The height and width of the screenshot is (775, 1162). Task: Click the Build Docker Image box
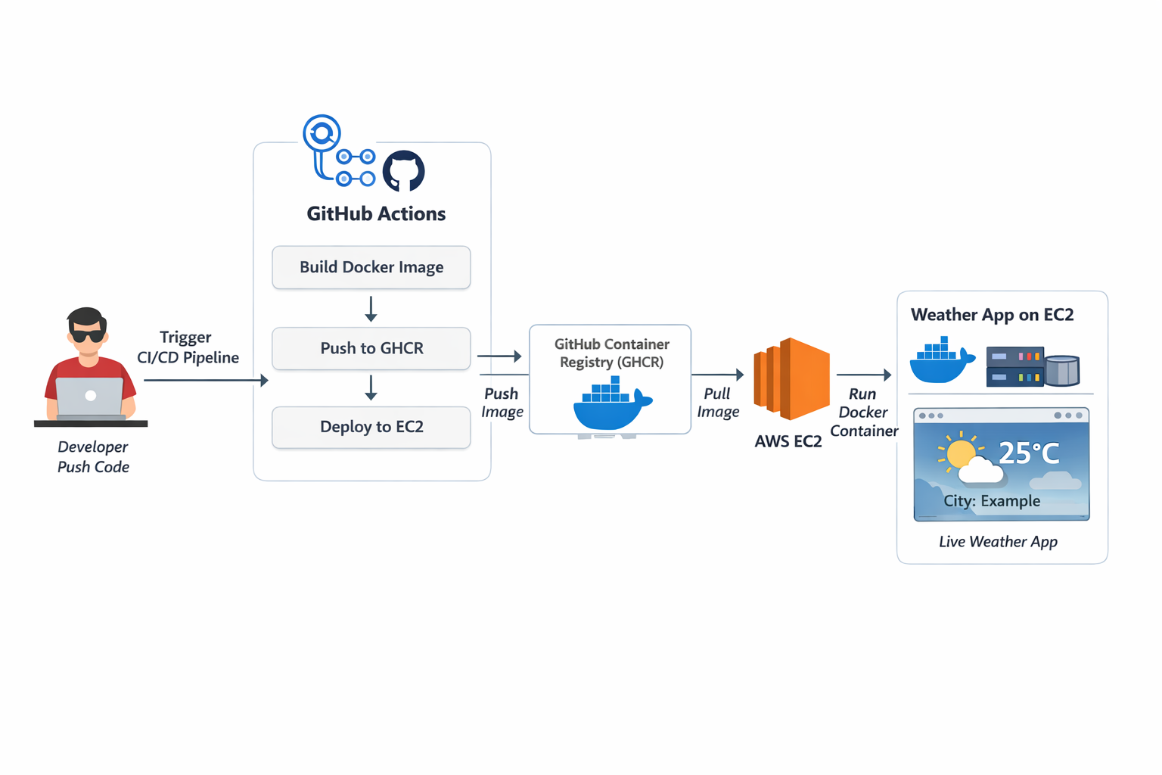pyautogui.click(x=371, y=267)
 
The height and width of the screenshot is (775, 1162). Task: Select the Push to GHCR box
pyautogui.click(x=371, y=348)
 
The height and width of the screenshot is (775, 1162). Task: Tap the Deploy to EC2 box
pyautogui.click(x=371, y=427)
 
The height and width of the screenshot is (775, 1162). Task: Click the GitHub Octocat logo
pyautogui.click(x=403, y=171)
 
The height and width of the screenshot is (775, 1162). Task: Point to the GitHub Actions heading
pyautogui.click(x=376, y=214)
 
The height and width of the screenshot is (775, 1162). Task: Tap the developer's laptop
pyautogui.click(x=89, y=397)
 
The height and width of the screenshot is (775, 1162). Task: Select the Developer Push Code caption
pyautogui.click(x=93, y=457)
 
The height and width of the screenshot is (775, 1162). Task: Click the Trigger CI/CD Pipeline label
pyautogui.click(x=188, y=347)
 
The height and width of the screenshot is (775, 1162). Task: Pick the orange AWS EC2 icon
pyautogui.click(x=791, y=378)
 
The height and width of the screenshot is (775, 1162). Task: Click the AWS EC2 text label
pyautogui.click(x=788, y=442)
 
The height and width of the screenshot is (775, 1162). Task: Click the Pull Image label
pyautogui.click(x=717, y=403)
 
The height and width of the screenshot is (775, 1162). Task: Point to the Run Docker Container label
pyautogui.click(x=863, y=412)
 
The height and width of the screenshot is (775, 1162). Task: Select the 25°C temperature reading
pyautogui.click(x=1029, y=453)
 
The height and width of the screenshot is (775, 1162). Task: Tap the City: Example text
pyautogui.click(x=991, y=501)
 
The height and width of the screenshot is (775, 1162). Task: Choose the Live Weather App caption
pyautogui.click(x=998, y=542)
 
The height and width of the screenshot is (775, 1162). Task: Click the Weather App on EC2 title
pyautogui.click(x=992, y=315)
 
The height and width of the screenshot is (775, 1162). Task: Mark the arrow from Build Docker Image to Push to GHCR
pyautogui.click(x=371, y=309)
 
